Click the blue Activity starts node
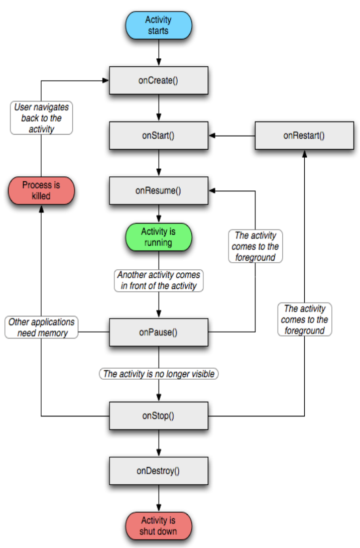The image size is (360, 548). pos(159,25)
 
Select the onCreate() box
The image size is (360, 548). pos(159,80)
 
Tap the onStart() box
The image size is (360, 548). pos(159,135)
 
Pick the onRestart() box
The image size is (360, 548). pos(304,135)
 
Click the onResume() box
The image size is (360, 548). pos(159,190)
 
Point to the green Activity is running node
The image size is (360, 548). pos(159,237)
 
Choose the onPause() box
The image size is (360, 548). pos(159,332)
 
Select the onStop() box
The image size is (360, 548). pos(159,415)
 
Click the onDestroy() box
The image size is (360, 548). pos(159,471)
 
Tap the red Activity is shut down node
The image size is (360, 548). pos(159,526)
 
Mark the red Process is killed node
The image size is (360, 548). pos(41,190)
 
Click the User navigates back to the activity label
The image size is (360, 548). pos(42,118)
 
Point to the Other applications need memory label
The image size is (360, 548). pos(42,327)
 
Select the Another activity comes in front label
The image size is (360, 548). pos(159,280)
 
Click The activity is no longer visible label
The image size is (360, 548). pos(159,374)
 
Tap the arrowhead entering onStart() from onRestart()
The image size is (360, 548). pos(212,136)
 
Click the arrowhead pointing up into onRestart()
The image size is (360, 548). pos(304,153)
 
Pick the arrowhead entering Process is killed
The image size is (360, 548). pos(41,208)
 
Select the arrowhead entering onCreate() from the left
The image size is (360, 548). pos(105,80)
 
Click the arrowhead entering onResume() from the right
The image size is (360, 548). pos(212,191)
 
